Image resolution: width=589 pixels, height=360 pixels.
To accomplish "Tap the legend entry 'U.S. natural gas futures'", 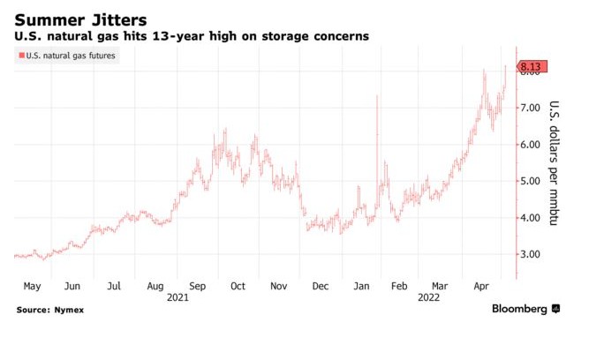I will pyautogui.click(x=71, y=56).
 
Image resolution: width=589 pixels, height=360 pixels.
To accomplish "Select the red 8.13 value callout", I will pyautogui.click(x=533, y=66).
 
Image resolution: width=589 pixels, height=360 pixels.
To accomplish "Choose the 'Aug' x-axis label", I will pyautogui.click(x=155, y=287).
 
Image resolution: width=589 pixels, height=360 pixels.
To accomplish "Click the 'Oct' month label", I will pyautogui.click(x=238, y=287).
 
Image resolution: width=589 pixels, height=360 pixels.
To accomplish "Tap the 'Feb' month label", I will pyautogui.click(x=399, y=287).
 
